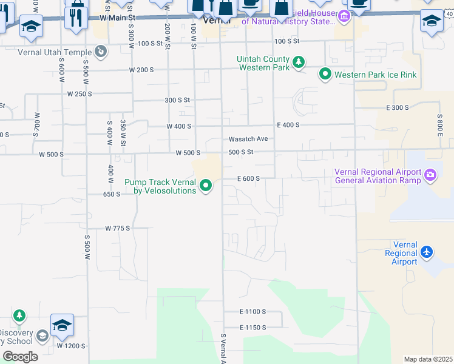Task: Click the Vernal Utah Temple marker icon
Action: tap(101, 52)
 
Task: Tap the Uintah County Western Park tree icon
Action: tap(298, 62)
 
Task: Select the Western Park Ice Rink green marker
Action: tap(325, 75)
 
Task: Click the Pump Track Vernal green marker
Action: tap(206, 186)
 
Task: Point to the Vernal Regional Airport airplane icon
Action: tap(427, 251)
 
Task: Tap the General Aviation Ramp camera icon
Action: tap(430, 175)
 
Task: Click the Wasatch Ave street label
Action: tap(248, 139)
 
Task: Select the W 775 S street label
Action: tap(118, 229)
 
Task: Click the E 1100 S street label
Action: tap(252, 312)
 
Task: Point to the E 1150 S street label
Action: tap(252, 328)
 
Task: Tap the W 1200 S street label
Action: tap(71, 345)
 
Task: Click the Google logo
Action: tap(19, 356)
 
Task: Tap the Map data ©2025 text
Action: tap(427, 359)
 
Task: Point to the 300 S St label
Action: tap(177, 100)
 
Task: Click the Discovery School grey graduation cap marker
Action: tap(42, 335)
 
